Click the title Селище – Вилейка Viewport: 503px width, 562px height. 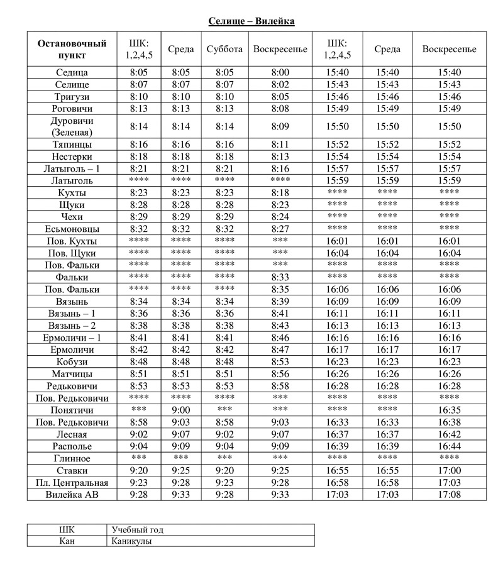coord(251,21)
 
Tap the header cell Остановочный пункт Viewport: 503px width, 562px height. coord(72,49)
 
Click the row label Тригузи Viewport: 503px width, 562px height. coord(72,97)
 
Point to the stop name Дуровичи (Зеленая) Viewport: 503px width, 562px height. coord(72,126)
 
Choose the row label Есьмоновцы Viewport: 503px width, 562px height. coord(72,229)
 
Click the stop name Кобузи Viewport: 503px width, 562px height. coord(72,361)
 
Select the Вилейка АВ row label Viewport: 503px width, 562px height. coord(72,495)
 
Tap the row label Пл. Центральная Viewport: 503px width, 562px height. coord(72,483)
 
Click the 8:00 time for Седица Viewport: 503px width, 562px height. coord(280,73)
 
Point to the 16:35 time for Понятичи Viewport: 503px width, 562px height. coord(449,410)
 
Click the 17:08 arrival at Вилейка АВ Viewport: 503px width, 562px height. coord(449,495)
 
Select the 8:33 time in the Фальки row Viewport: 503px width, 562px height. coord(280,277)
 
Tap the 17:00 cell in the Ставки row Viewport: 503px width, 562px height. coord(449,471)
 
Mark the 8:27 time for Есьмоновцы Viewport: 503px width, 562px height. coord(280,229)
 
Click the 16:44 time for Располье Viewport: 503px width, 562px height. coord(449,446)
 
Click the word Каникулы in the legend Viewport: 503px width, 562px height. coord(132,541)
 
